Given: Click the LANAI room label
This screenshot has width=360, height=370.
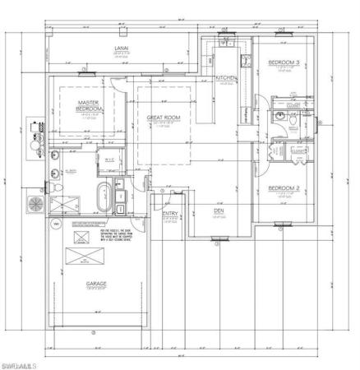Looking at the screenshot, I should pos(119,49).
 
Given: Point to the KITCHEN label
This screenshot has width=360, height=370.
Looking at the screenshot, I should pos(226,78).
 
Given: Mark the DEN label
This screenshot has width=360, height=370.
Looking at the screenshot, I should pos(219,210).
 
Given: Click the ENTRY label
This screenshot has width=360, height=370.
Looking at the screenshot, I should pos(170,215).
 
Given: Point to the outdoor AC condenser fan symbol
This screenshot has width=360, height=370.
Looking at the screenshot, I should pos(35,202).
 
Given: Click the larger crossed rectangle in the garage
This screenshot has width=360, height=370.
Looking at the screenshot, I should pos(83,257).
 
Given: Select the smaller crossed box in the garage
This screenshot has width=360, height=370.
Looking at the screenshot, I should pos(81,237).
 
